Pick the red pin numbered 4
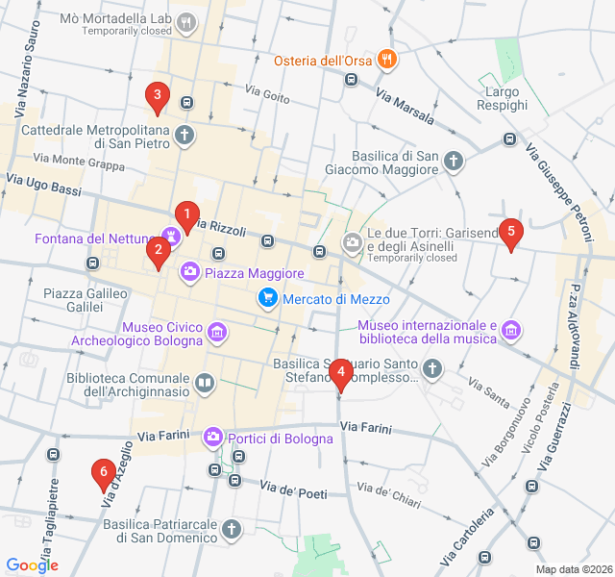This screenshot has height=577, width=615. pyautogui.click(x=340, y=374)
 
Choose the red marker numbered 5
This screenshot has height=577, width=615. pyautogui.click(x=511, y=232)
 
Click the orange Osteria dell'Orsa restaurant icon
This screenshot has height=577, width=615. pyautogui.click(x=386, y=60)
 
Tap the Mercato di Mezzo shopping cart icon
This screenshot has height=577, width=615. pyautogui.click(x=267, y=299)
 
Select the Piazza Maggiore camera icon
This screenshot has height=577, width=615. pyautogui.click(x=190, y=273)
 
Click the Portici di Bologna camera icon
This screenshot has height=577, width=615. pyautogui.click(x=213, y=438)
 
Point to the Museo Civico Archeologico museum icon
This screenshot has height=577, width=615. pyautogui.click(x=218, y=333)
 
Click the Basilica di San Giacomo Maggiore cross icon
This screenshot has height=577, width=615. pyautogui.click(x=453, y=163)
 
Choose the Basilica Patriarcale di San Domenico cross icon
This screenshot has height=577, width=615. pyautogui.click(x=232, y=529)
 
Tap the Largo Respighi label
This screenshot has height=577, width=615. pyautogui.click(x=502, y=97)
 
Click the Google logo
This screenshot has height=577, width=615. pyautogui.click(x=32, y=565)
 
